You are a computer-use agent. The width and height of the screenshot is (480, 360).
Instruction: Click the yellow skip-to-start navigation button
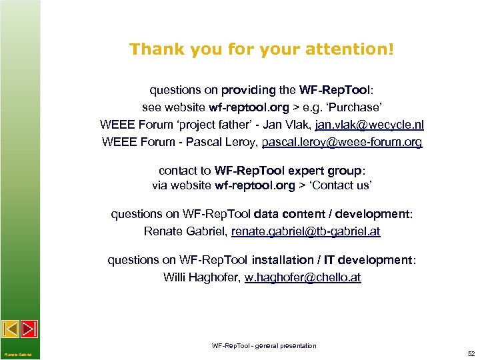[x=11, y=329]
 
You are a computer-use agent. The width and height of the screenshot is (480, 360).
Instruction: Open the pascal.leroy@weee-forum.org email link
[x=342, y=142]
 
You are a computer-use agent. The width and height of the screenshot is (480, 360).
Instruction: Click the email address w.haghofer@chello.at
[x=303, y=277]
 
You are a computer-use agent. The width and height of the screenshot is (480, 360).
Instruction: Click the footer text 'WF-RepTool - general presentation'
[x=264, y=345]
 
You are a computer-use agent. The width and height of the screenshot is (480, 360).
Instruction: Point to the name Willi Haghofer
[x=201, y=277]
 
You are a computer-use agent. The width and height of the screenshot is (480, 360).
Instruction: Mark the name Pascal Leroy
[x=228, y=142]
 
